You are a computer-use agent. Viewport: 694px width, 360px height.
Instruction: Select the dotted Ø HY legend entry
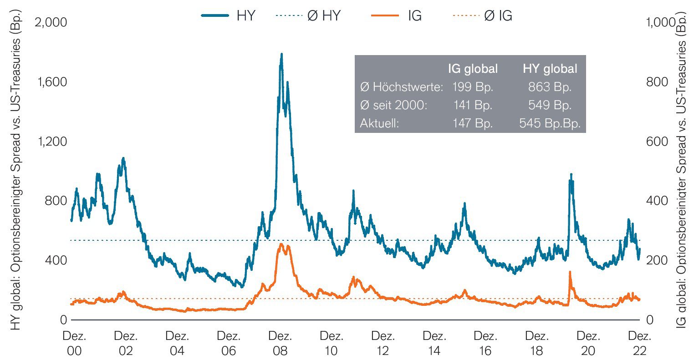click(x=308, y=16)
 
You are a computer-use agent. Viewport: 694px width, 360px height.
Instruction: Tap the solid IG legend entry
click(x=396, y=16)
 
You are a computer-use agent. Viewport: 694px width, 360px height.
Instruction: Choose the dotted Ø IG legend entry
click(x=483, y=16)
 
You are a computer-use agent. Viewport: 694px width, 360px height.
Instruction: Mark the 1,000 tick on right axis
click(x=658, y=22)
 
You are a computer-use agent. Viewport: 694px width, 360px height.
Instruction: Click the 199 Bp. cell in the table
click(x=473, y=87)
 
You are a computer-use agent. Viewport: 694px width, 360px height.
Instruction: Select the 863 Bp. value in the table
click(x=550, y=87)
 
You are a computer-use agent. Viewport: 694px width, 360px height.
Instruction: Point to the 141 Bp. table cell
click(x=473, y=106)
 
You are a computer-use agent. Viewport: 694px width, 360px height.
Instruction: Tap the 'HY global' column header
click(x=550, y=69)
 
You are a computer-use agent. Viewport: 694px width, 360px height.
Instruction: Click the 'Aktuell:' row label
click(x=379, y=124)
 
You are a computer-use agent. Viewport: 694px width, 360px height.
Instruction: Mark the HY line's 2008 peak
click(x=281, y=54)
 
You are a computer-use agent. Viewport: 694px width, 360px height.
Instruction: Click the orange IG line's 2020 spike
click(x=570, y=272)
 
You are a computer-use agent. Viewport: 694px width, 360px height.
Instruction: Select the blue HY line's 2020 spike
click(x=571, y=174)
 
